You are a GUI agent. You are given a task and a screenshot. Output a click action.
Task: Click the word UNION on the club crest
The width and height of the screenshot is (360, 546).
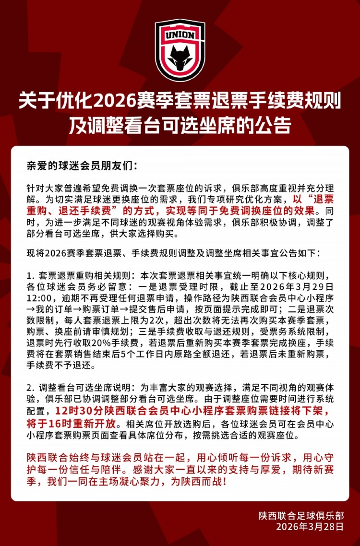pos(180,36)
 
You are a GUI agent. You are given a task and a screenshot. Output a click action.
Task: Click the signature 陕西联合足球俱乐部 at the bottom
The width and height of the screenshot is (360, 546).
pos(300,516)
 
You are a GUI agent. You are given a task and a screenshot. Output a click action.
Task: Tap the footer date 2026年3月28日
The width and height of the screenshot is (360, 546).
pos(310,526)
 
